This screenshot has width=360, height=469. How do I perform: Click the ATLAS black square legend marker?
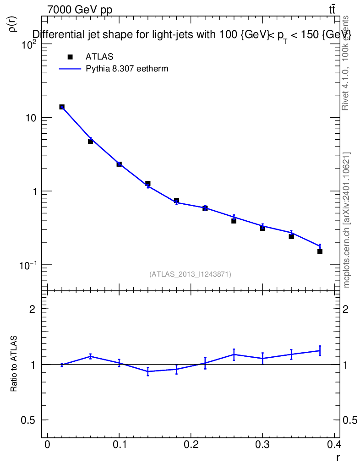tap(70, 57)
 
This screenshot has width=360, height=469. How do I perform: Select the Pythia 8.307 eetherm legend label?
tap(127, 69)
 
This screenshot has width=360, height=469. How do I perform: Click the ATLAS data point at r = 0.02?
tap(62, 107)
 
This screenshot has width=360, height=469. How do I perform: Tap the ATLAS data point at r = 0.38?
tap(320, 251)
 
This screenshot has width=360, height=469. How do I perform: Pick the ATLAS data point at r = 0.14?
tap(148, 184)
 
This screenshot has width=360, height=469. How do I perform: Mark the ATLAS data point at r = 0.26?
tap(234, 221)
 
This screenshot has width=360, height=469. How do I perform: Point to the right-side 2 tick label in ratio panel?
tap(347, 309)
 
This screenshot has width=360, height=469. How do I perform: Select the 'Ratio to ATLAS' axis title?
tap(14, 364)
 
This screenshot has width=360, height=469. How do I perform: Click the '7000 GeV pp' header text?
tap(80, 10)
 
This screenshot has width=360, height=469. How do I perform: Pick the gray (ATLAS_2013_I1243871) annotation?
tap(190, 274)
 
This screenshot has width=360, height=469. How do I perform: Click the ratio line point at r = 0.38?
tap(320, 351)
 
